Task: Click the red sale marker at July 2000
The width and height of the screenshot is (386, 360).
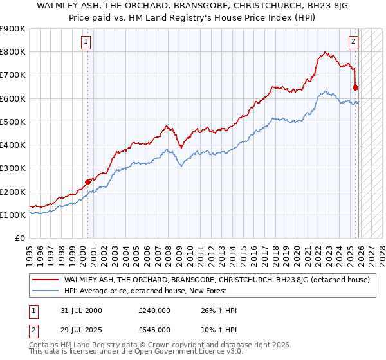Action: coord(88,182)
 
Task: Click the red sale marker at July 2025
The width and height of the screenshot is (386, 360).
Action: coord(356,87)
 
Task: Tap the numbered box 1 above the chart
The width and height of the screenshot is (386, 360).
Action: coord(86,42)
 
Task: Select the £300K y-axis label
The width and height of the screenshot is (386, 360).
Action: coord(13,168)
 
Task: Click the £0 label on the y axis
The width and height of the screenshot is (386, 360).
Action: coord(19,239)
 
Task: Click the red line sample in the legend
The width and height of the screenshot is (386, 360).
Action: coord(46,280)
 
